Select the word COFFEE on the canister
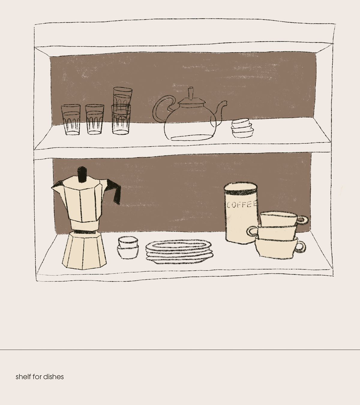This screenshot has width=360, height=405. click(x=242, y=205)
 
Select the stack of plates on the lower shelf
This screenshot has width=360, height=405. click(x=179, y=251)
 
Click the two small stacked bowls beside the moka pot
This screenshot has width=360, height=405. click(x=128, y=247)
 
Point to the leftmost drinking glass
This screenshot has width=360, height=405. click(x=71, y=119)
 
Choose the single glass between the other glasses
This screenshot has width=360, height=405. click(x=94, y=119)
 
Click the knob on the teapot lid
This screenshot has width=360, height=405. click(x=191, y=93)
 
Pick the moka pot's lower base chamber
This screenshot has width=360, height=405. click(x=84, y=251)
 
